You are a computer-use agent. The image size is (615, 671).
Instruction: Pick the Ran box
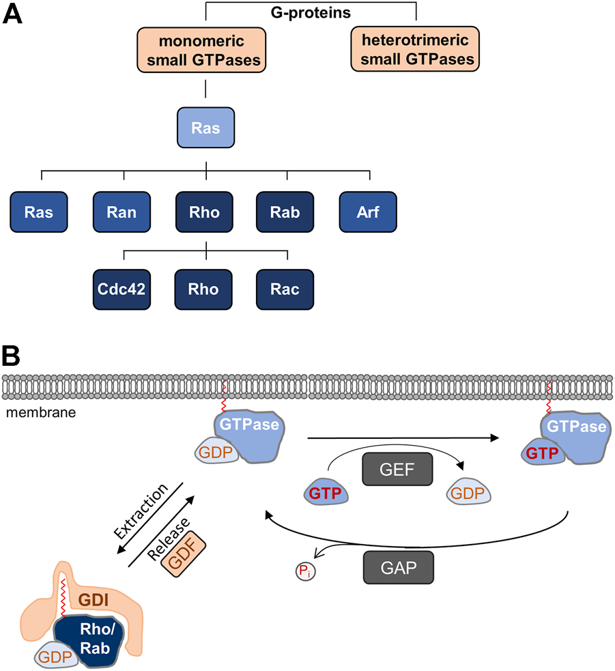123,212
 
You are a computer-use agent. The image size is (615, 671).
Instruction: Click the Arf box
369,212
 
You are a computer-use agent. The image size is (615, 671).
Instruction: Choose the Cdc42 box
124,289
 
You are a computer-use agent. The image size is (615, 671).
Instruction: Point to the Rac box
287,289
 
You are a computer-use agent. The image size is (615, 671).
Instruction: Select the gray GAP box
395,565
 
